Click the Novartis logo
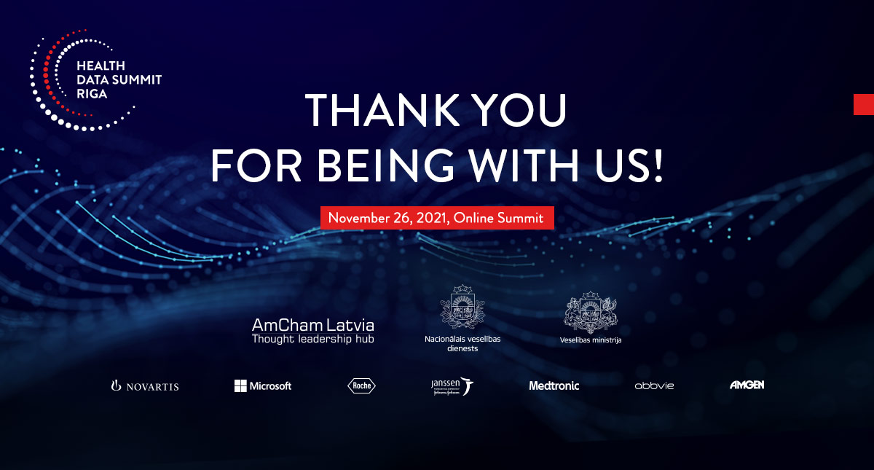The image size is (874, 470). [x=145, y=385]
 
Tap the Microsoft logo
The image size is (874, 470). [x=263, y=385]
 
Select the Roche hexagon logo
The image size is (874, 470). [x=362, y=385]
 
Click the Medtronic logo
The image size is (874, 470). [x=554, y=385]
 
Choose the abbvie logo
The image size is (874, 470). [x=654, y=385]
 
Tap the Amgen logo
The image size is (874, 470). [x=747, y=385]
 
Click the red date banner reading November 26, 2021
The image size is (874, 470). [x=437, y=217]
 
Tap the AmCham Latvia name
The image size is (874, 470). [x=312, y=324]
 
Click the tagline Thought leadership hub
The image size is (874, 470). [x=312, y=339]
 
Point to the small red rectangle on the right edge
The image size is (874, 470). [x=864, y=104]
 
